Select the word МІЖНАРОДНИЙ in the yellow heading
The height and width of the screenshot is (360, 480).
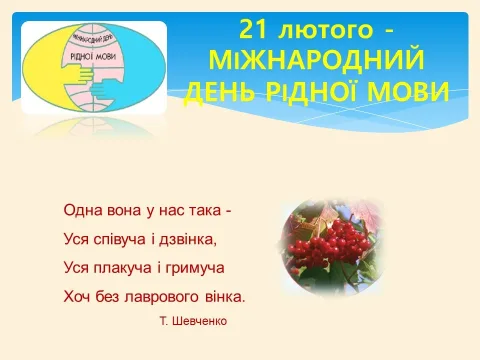[x=317, y=59]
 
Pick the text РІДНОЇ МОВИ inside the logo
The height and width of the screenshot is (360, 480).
[x=93, y=56]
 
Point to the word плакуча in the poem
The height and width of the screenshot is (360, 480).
[x=122, y=268]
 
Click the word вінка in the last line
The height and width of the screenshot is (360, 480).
[x=223, y=297]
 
